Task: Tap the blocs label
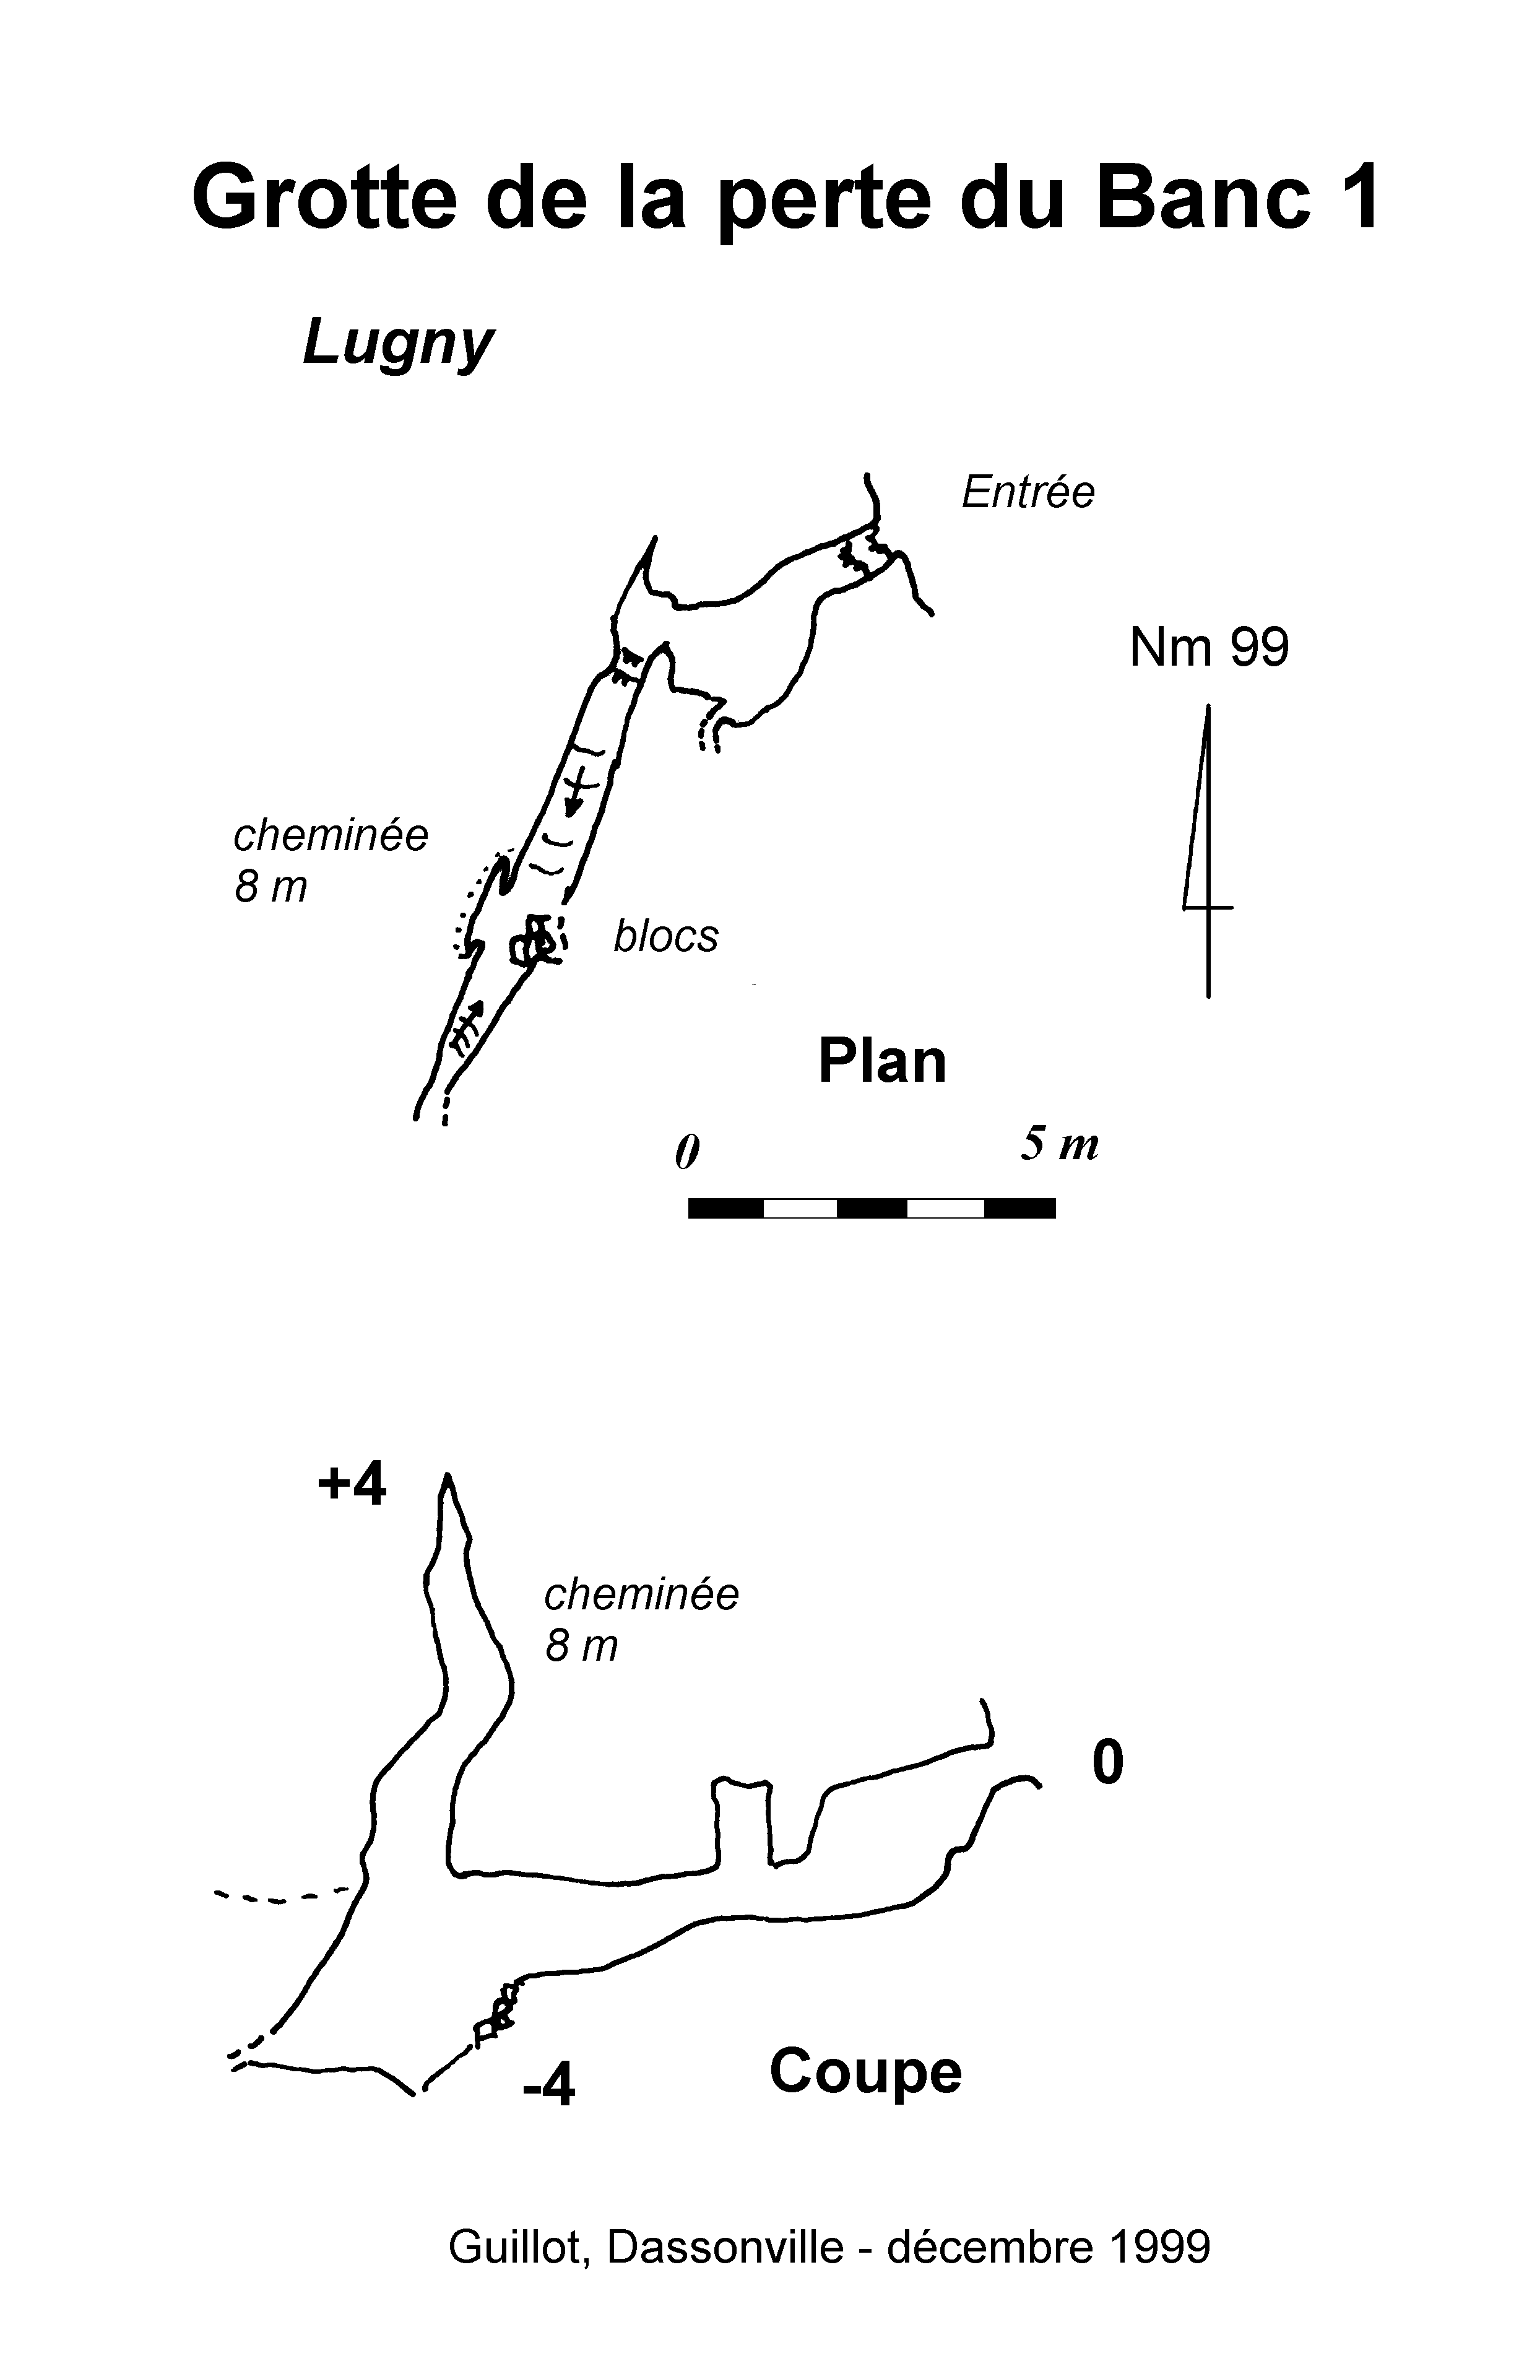point(666,936)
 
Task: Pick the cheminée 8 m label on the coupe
point(641,1620)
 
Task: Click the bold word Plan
point(882,1062)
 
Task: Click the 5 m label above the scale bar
point(1059,1144)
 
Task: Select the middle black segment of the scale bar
point(872,1209)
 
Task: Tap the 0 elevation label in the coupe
point(1108,1762)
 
